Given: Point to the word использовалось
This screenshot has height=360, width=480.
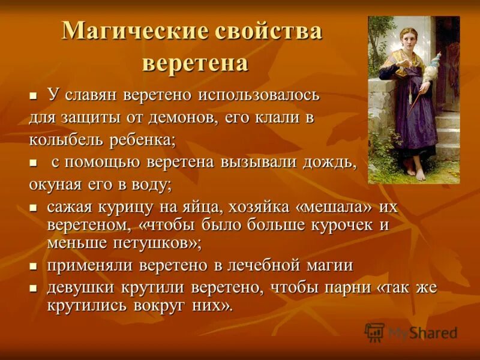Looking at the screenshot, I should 260,95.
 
